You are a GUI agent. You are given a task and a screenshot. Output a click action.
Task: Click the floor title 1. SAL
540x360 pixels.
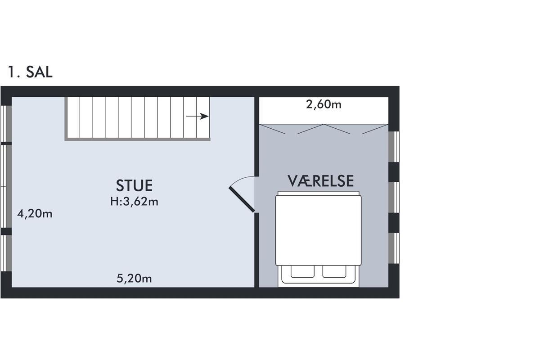coord(30,72)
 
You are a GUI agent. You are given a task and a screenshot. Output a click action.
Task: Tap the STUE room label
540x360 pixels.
coord(134,185)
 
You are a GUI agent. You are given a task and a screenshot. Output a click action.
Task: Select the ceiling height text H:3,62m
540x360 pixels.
coord(134,201)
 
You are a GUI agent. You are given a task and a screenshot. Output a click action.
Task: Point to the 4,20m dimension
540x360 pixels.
coord(35,214)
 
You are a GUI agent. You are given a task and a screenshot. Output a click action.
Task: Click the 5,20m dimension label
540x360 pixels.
coord(134,279)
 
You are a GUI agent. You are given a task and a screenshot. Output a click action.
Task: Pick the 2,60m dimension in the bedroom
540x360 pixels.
coord(324,104)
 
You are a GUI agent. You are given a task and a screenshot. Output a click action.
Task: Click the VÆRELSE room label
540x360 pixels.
coord(320,181)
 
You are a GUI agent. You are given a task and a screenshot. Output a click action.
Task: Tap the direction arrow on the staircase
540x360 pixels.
coord(197,116)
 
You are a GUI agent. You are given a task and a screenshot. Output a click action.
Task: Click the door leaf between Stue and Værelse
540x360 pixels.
coord(242,200)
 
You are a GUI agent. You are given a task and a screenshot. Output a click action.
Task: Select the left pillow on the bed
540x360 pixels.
coord(302,272)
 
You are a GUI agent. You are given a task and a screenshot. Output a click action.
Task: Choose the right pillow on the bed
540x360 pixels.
coord(334,272)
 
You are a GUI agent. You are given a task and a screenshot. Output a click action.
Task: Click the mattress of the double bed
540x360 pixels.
coord(318,230)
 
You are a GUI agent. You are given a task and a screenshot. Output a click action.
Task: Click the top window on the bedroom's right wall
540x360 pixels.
coord(394,147)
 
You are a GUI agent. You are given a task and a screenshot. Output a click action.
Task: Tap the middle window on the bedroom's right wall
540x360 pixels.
coord(394,198)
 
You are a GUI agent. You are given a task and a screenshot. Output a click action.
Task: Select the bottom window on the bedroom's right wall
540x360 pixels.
coord(394,248)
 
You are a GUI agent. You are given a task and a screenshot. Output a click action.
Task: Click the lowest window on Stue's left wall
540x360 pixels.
coord(6,253)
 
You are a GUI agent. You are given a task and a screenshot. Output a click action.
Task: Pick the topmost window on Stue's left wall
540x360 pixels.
coord(6,124)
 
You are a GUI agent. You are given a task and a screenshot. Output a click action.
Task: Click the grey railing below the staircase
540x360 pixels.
coord(137,139)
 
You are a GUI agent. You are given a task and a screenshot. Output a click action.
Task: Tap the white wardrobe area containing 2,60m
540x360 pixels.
coord(324,110)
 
